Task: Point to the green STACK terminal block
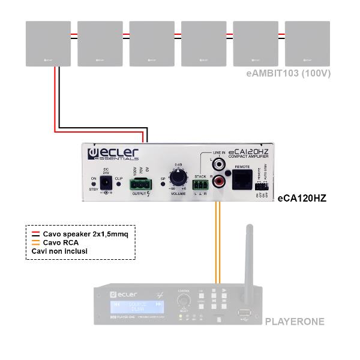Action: click(x=200, y=181)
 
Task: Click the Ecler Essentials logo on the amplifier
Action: click(x=114, y=152)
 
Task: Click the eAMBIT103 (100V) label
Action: click(x=289, y=73)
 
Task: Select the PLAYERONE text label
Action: click(x=295, y=322)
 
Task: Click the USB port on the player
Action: click(x=244, y=313)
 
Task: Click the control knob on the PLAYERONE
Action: click(x=183, y=299)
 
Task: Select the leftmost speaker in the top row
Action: click(x=49, y=44)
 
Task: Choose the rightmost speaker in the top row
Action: click(x=307, y=44)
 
